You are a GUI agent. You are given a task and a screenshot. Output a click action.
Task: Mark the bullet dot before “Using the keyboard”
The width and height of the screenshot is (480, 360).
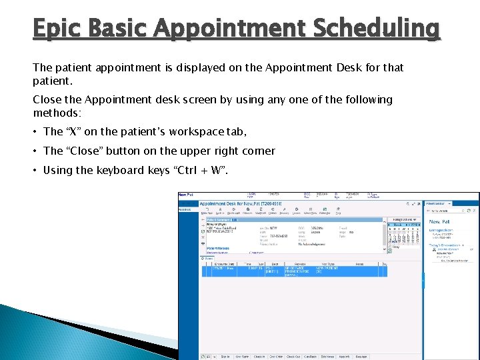pos(35,170)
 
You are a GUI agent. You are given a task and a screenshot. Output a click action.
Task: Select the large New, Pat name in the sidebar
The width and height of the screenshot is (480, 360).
pos(440,221)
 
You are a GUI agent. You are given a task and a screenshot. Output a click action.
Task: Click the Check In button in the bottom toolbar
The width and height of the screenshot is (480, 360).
pos(259,357)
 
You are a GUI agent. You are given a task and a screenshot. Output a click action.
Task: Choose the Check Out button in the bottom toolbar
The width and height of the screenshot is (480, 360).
pos(293,357)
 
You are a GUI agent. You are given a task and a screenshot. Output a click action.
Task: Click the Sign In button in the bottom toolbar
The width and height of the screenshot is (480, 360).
pos(225,357)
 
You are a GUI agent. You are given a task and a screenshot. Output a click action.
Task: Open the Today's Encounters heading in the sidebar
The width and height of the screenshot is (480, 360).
pos(443,245)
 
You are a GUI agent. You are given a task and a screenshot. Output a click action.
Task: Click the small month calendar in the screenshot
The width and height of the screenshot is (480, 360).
pos(404,233)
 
